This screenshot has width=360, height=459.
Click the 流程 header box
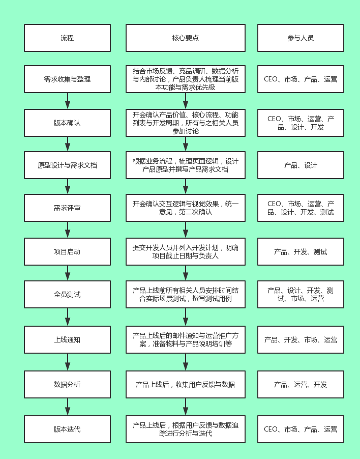(67, 38)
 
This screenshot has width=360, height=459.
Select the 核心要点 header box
(186, 38)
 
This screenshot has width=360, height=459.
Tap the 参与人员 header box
(301, 38)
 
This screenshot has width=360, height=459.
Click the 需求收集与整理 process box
(67, 79)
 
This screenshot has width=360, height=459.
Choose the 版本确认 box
(67, 123)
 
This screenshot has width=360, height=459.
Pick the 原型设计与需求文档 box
(67, 165)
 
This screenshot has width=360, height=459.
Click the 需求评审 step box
(67, 208)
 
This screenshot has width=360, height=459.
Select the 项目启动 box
(67, 252)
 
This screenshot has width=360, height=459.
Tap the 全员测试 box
(67, 295)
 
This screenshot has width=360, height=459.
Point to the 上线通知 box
(67, 339)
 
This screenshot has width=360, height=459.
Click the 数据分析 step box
(67, 384)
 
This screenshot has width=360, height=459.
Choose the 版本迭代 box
(67, 429)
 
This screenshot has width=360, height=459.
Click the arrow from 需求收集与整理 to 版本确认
(68, 101)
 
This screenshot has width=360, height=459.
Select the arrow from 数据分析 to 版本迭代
(68, 407)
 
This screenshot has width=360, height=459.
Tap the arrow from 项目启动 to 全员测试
(68, 273)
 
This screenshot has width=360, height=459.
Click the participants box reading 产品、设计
(301, 165)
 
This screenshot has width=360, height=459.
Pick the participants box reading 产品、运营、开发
(301, 384)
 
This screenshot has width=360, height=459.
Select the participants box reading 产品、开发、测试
(301, 252)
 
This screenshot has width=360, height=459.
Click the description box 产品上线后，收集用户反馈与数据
(186, 384)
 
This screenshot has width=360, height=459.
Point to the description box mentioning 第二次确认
(186, 208)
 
